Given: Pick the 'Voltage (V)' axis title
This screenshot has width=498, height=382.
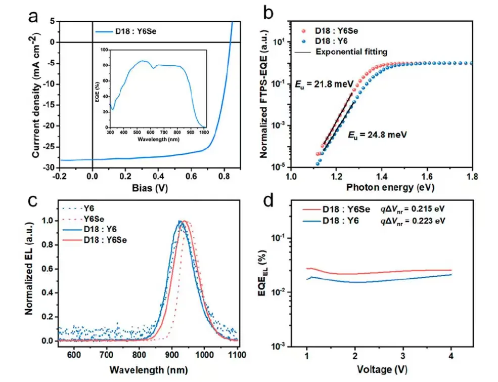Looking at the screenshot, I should (x=382, y=367).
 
